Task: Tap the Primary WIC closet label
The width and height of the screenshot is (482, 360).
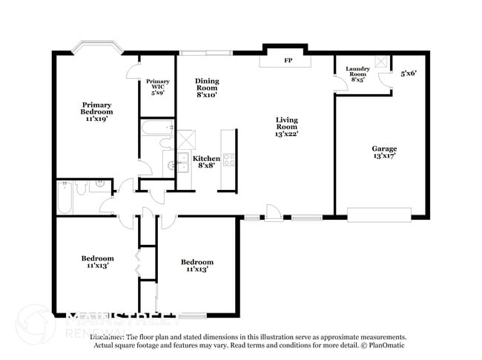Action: tap(157, 87)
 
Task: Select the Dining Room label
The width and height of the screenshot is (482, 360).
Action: tap(207, 88)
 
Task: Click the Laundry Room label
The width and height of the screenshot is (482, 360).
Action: tap(357, 73)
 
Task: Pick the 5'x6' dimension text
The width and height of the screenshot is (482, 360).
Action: tap(409, 74)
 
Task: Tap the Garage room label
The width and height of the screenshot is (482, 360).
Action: tap(384, 152)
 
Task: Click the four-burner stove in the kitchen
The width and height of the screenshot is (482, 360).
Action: tap(229, 159)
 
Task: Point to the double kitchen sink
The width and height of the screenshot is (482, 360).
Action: tap(177, 166)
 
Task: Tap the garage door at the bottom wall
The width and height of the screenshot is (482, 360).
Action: tap(379, 215)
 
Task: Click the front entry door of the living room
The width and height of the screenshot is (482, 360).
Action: tap(274, 216)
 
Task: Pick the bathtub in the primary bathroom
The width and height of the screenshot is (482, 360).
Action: tap(156, 129)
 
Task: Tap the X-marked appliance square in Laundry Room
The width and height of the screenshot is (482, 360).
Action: tap(383, 62)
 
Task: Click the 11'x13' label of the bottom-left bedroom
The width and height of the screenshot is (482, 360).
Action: tap(97, 265)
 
